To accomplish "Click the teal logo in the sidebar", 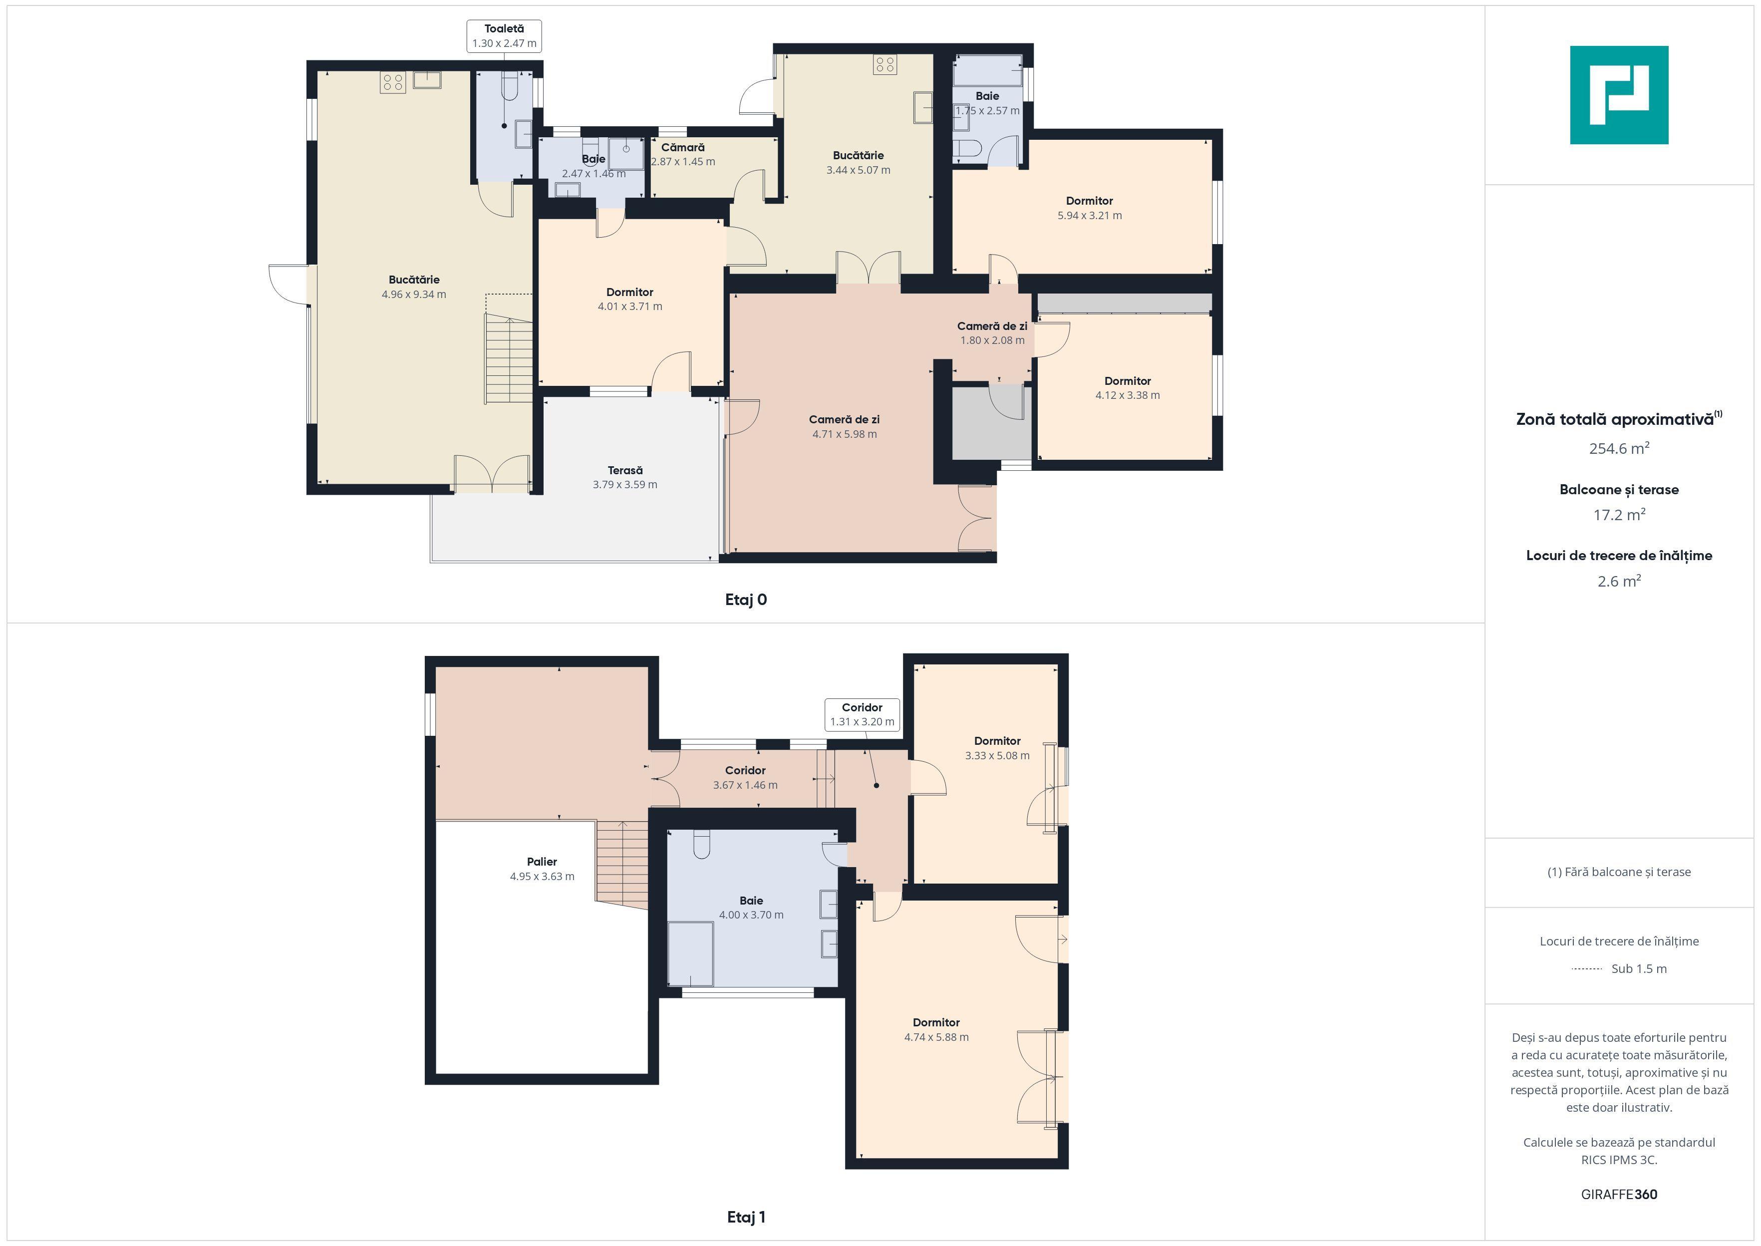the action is (1619, 95).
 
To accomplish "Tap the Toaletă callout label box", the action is (504, 36).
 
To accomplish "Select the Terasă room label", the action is (625, 470).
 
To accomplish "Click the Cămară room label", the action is (683, 147).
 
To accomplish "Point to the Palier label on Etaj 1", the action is (542, 862).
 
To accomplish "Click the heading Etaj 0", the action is (746, 600).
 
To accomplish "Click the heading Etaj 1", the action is (746, 1217).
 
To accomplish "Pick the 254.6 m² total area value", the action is (1619, 449).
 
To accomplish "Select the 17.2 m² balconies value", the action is (1619, 515).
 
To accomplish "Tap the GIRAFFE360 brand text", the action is (1619, 1195).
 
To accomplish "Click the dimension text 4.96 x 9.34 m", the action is (414, 295).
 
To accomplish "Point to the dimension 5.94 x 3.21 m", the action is (1090, 216).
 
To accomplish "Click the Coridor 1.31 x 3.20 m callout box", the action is (862, 714).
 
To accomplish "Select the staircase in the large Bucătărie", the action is (508, 358).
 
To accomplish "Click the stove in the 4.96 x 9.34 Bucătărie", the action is (393, 83).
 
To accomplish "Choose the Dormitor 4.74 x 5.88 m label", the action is (936, 1030).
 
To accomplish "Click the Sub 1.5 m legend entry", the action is (1619, 969).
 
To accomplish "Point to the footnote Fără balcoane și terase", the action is (1619, 872).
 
